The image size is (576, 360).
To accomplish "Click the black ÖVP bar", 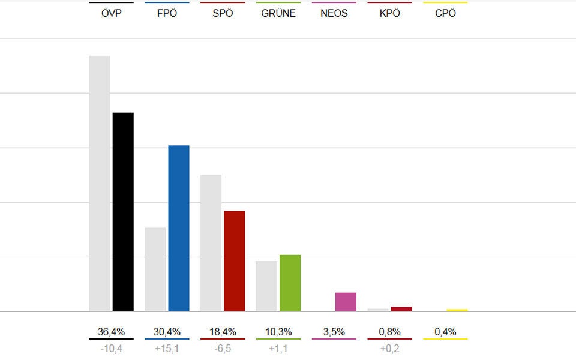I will click(123, 211).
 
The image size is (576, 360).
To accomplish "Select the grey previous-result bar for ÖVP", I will click(100, 183).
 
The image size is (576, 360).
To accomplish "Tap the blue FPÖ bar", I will click(179, 228).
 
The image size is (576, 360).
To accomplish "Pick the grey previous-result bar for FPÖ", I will click(155, 269).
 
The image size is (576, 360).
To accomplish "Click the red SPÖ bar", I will click(234, 261).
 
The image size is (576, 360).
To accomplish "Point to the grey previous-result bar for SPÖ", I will click(211, 243).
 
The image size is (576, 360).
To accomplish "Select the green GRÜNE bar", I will click(290, 283).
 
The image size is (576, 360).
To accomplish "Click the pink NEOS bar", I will click(346, 302).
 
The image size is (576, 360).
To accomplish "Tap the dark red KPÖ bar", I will click(401, 309).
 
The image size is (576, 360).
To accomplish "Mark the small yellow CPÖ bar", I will click(457, 310).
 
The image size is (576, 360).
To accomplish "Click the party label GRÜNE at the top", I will click(278, 13).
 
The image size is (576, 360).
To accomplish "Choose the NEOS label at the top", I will click(334, 13).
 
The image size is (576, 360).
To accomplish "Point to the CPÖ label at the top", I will click(445, 13).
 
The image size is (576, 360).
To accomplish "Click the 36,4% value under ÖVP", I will click(112, 332).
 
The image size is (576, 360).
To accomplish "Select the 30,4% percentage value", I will click(167, 332).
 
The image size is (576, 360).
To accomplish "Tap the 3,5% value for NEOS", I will click(334, 332).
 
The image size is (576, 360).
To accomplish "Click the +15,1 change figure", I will click(167, 347).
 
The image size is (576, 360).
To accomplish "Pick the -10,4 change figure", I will click(112, 347).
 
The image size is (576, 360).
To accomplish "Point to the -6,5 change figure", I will click(223, 347).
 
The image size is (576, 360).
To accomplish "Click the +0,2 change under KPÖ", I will click(389, 347).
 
